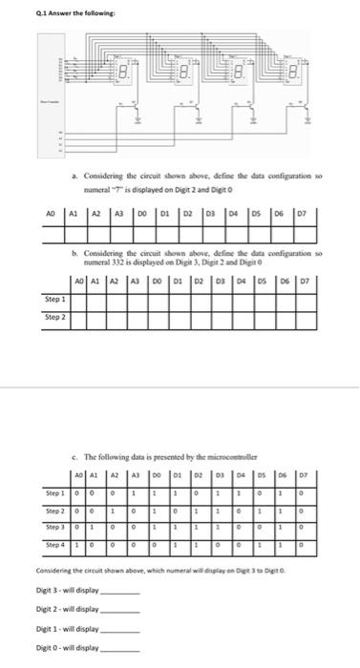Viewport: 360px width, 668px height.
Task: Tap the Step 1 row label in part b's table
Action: tap(56, 272)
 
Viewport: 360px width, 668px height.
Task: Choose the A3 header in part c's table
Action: tap(136, 472)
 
